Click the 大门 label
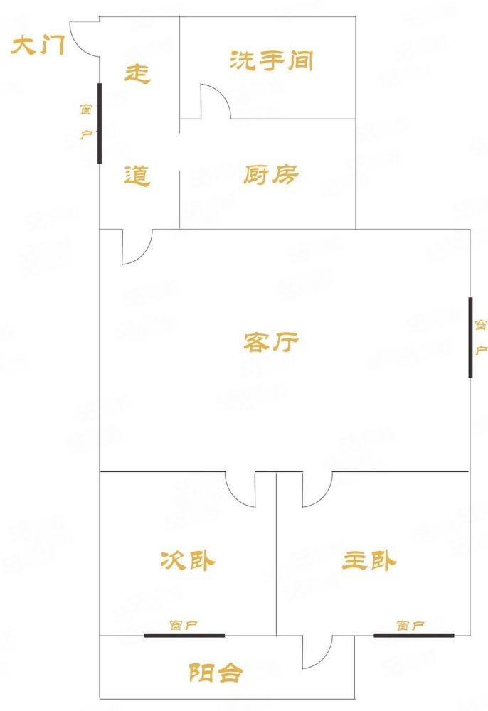tap(39, 48)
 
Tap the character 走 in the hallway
tap(137, 73)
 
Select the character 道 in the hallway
tap(137, 175)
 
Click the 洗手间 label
tap(272, 61)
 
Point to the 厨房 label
tap(271, 174)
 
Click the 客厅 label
tap(271, 343)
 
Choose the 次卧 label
tap(187, 561)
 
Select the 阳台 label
tap(216, 673)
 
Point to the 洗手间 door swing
tap(215, 102)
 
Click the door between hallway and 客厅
tap(137, 247)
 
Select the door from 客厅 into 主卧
tap(316, 489)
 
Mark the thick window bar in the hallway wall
tap(100, 123)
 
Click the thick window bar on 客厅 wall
tap(470, 337)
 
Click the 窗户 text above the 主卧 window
tap(410, 626)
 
